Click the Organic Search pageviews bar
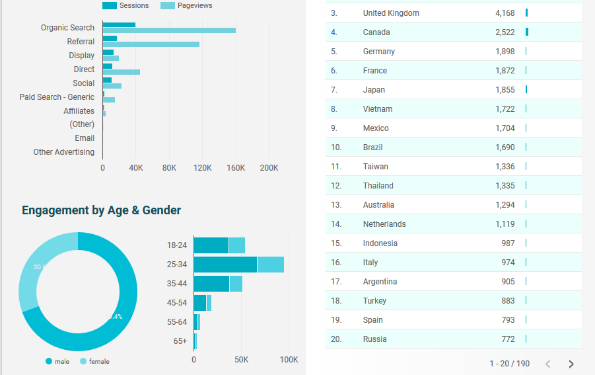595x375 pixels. [x=169, y=30]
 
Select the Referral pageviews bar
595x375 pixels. [x=151, y=44]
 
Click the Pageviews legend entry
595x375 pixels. [x=186, y=5]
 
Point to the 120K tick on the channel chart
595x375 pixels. [x=202, y=168]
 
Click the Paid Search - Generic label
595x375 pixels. [x=57, y=97]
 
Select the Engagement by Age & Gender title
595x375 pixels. [x=101, y=210]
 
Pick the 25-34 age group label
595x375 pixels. [x=177, y=265]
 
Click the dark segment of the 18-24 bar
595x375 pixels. [x=211, y=245]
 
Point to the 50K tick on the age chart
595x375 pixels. [x=242, y=360]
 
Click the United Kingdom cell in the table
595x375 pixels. [x=391, y=13]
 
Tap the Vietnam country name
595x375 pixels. [x=378, y=109]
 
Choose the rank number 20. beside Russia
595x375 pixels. [x=336, y=339]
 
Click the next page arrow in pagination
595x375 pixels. [x=571, y=364]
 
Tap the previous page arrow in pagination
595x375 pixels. [x=547, y=364]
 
